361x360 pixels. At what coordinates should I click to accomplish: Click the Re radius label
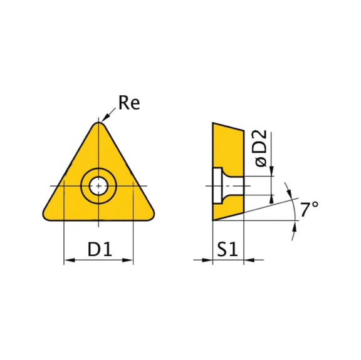[129, 103]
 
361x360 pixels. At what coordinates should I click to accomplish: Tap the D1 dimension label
[99, 250]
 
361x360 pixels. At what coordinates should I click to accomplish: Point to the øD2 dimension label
[261, 148]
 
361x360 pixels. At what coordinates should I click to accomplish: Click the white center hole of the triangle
[99, 185]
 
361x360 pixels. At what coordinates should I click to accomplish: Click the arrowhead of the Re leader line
[105, 121]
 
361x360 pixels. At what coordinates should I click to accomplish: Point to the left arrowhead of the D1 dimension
[68, 260]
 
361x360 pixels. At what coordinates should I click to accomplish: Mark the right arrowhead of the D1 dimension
[130, 260]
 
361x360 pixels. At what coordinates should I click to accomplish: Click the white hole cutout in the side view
[221, 185]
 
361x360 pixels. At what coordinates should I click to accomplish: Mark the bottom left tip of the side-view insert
[212, 221]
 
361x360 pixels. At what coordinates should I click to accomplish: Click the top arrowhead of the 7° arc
[288, 188]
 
